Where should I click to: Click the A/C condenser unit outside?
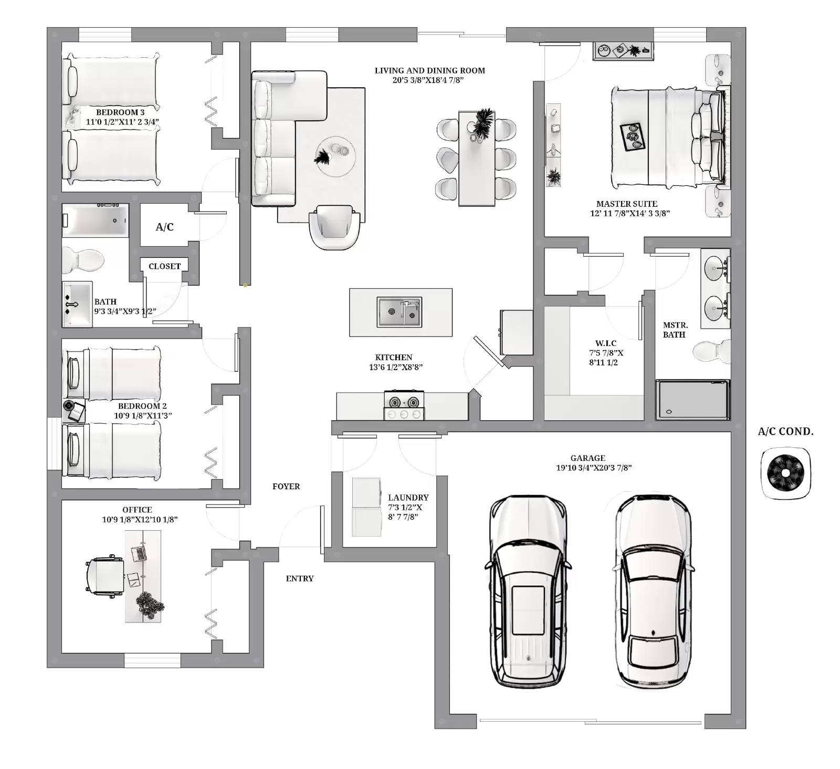point(785,473)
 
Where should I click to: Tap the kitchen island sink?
point(400,312)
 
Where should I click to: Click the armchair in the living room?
point(334,228)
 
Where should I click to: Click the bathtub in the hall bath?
point(95,221)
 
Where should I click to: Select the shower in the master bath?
point(692,400)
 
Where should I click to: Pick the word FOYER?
point(286,487)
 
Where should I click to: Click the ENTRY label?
point(300,578)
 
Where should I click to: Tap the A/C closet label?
point(164,227)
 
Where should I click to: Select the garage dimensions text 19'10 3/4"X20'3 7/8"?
point(593,468)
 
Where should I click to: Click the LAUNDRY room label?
point(408,498)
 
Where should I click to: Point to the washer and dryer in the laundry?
point(366,507)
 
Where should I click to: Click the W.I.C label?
point(606,343)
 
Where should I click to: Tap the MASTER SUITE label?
point(626,204)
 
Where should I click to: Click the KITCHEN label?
point(394,357)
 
